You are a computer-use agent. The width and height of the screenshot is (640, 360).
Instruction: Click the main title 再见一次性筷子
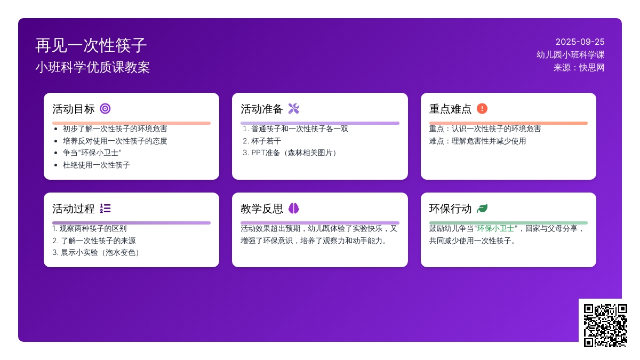pyautogui.click(x=91, y=45)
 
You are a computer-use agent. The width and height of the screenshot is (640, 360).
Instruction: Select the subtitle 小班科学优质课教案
pyautogui.click(x=93, y=67)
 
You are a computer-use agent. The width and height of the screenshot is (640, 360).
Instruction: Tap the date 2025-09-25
pyautogui.click(x=580, y=42)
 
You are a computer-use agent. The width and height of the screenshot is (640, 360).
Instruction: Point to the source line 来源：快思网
pyautogui.click(x=579, y=68)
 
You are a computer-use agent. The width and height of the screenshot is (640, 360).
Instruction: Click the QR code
pyautogui.click(x=605, y=325)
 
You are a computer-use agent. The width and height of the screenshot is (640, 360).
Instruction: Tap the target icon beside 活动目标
pyautogui.click(x=105, y=109)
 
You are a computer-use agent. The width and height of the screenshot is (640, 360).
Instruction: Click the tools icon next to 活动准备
pyautogui.click(x=294, y=109)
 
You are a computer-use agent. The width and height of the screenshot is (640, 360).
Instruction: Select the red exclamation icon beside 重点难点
pyautogui.click(x=482, y=109)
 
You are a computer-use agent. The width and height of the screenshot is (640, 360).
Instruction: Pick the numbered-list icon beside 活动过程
pyautogui.click(x=105, y=209)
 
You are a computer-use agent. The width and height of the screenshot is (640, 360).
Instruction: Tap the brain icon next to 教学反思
pyautogui.click(x=294, y=209)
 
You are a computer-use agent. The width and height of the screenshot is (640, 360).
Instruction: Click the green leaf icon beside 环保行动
pyautogui.click(x=482, y=209)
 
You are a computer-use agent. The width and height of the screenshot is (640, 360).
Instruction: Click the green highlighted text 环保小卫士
pyautogui.click(x=495, y=229)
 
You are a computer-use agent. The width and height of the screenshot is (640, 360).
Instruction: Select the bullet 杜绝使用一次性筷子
pyautogui.click(x=97, y=165)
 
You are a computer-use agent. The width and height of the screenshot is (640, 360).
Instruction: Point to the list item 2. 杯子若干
pyautogui.click(x=262, y=141)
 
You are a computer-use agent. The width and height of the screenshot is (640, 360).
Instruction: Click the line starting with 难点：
pyautogui.click(x=477, y=141)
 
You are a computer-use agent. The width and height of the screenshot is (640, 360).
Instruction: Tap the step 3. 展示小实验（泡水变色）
pyautogui.click(x=96, y=253)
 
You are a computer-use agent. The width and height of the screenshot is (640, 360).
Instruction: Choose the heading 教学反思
pyautogui.click(x=261, y=209)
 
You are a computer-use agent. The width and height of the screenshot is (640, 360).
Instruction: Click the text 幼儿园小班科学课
pyautogui.click(x=570, y=55)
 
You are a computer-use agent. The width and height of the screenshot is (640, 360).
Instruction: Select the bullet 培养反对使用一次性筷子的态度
pyautogui.click(x=115, y=141)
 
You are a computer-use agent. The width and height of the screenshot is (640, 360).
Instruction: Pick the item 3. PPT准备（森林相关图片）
pyautogui.click(x=290, y=153)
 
